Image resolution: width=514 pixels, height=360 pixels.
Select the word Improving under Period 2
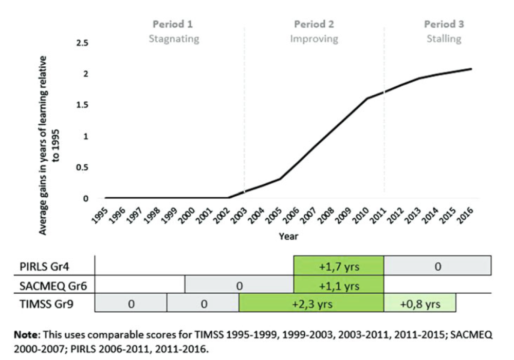coord(314,39)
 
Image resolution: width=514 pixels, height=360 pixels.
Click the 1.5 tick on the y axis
coord(82,105)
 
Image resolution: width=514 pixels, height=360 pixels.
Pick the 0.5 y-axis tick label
coord(82,167)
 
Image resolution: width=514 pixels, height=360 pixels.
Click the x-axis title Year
coord(288,237)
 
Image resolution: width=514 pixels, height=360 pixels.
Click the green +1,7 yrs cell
coord(339,266)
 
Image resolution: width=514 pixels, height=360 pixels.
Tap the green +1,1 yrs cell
coord(339,285)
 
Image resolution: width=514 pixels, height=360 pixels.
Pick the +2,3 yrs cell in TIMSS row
coord(311,304)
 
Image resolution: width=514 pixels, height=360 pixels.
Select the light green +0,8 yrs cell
coord(420,304)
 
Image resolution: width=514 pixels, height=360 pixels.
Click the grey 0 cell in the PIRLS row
coord(438,266)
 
